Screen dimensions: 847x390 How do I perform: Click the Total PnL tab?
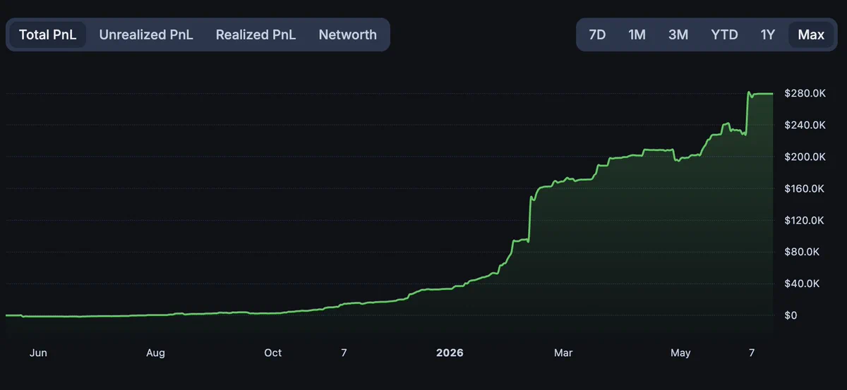tap(48, 35)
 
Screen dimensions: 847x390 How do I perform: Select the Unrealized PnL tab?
tap(146, 35)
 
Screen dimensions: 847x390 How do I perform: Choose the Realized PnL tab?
tap(256, 35)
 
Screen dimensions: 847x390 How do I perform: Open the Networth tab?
tap(347, 35)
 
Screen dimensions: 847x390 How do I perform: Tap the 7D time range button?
tap(597, 35)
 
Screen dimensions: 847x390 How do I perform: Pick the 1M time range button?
tap(637, 35)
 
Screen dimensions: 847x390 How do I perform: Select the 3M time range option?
tap(678, 35)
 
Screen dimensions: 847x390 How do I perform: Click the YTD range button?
tap(724, 35)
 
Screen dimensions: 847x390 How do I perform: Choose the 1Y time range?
tap(768, 35)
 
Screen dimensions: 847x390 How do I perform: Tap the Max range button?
tap(811, 35)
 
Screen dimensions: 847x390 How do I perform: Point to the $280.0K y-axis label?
tap(805, 93)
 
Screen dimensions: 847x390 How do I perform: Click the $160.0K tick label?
tap(804, 188)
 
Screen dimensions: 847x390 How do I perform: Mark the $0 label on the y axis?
tap(791, 315)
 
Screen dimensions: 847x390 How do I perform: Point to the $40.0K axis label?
tap(802, 284)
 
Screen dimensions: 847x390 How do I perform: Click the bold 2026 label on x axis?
tap(450, 353)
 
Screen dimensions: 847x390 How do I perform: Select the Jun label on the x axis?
tap(38, 353)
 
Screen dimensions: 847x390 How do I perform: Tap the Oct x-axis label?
tap(272, 353)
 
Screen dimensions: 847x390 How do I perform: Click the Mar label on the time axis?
tap(563, 353)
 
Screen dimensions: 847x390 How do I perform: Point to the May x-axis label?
tap(680, 353)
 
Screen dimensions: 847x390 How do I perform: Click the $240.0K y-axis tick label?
tap(805, 125)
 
